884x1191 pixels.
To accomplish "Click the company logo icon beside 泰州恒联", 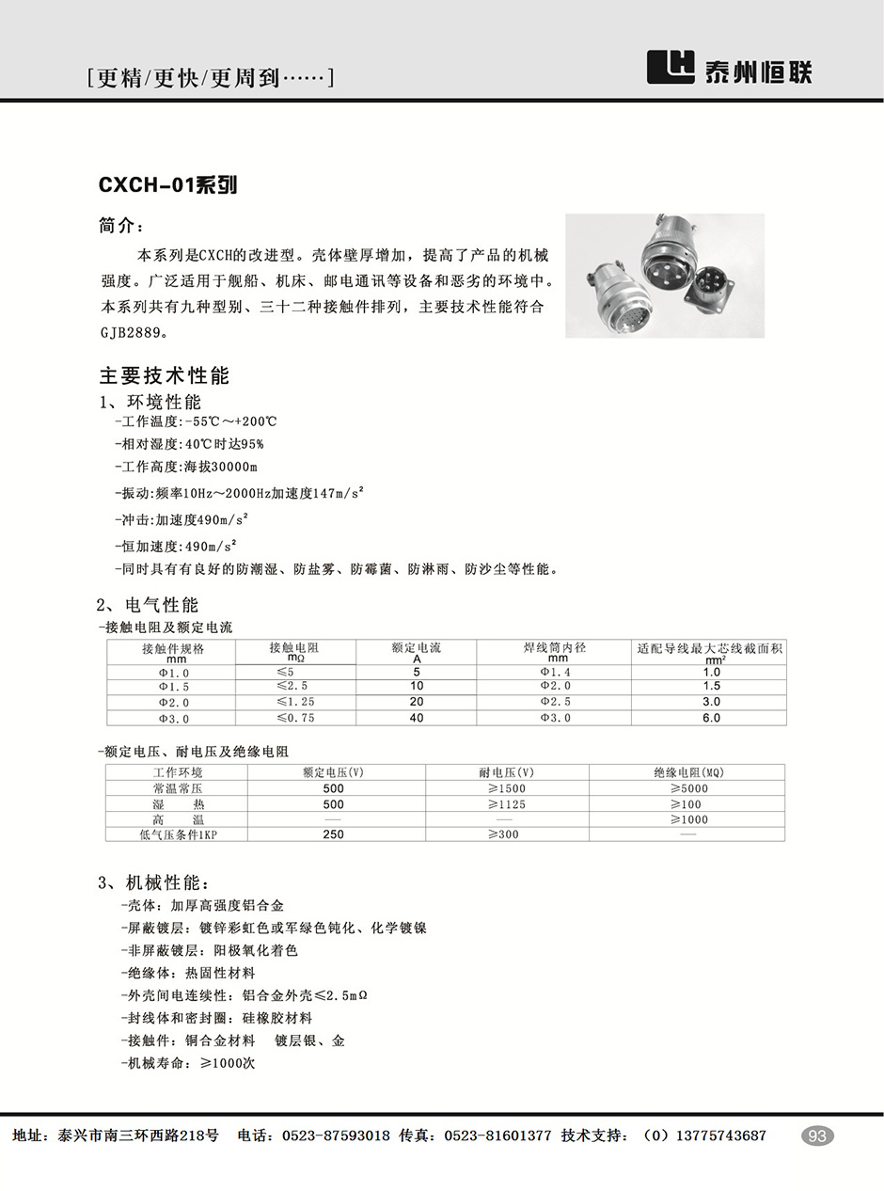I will pos(671,69).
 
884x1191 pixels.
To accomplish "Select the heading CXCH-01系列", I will pos(167,185).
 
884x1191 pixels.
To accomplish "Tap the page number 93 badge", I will pos(817,1135).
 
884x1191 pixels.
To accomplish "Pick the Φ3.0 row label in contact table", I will pos(173,718).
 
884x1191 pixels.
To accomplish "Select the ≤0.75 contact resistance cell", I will pos(295,718).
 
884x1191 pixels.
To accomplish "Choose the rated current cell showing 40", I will pos(417,718).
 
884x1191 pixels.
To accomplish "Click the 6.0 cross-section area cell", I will pos(711,718).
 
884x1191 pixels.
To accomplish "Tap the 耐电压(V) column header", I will pos(507,772).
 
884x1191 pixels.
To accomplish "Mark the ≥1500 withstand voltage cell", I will pos(507,788).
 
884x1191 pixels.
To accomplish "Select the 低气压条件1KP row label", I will pos(178,834).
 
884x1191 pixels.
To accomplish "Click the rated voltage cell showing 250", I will pos(334,834).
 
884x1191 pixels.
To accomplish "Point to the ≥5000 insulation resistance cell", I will pos(688,788).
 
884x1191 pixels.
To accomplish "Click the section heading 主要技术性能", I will pos(165,376).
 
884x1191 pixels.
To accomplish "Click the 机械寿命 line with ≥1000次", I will pos(188,1063).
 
